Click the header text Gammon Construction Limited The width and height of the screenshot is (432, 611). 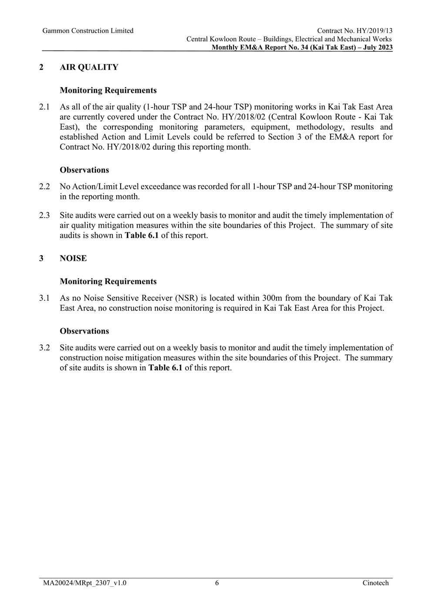click(x=88, y=31)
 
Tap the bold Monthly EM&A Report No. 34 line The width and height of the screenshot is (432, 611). click(x=302, y=48)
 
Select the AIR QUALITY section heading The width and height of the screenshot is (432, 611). click(x=89, y=67)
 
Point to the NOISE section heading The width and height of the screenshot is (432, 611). click(x=73, y=258)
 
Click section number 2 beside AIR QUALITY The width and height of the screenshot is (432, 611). click(x=41, y=67)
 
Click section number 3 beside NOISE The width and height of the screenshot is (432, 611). click(x=41, y=258)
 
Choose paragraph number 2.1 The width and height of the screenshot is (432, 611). click(x=44, y=107)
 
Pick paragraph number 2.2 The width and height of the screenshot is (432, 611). click(x=44, y=187)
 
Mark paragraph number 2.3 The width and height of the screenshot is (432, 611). click(x=44, y=215)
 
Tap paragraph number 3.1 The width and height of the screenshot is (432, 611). click(x=44, y=298)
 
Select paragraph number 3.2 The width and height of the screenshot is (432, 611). click(x=44, y=348)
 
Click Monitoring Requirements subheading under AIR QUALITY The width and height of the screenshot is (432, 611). click(x=108, y=91)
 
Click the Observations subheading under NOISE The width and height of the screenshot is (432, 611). click(x=84, y=331)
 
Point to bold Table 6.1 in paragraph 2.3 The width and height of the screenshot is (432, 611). click(x=142, y=235)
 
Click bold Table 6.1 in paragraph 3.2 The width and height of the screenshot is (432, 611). click(x=165, y=368)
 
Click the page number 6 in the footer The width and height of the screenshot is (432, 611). click(x=217, y=583)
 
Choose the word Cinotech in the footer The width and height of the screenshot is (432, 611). click(x=375, y=583)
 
